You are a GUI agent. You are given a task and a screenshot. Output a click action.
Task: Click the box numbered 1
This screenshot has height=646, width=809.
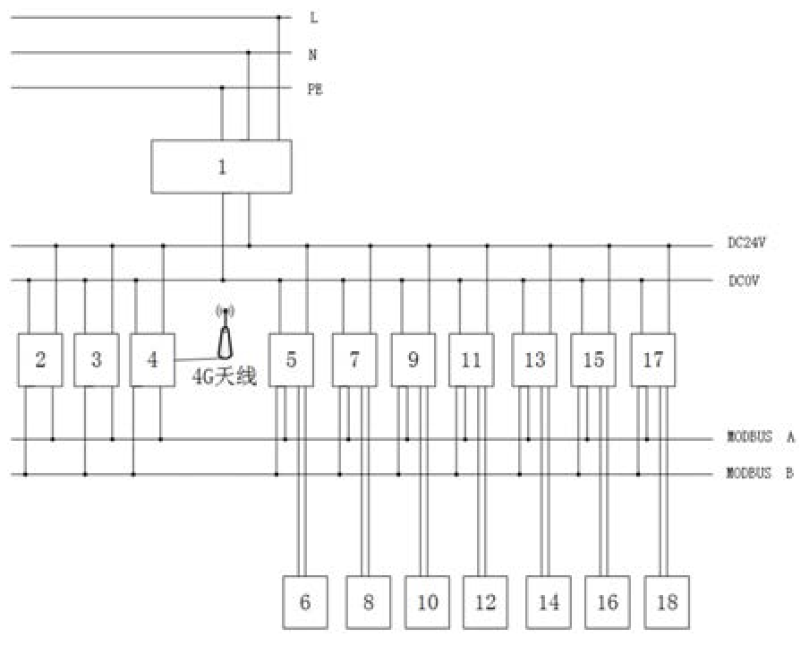222,167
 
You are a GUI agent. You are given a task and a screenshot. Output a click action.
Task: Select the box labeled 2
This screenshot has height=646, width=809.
40,360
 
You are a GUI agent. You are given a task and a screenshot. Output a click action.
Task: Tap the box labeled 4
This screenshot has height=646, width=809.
152,360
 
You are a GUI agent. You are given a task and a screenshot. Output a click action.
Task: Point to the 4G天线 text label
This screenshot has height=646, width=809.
225,377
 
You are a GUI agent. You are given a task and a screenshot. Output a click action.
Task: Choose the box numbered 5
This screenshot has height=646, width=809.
292,360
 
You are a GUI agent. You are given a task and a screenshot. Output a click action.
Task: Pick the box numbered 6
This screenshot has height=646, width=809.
305,601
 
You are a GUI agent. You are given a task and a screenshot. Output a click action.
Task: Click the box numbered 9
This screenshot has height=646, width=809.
413,360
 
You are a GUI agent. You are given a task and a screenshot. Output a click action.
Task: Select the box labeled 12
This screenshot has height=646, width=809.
485,601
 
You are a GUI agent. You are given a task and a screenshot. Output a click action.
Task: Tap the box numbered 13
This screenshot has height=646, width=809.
534,360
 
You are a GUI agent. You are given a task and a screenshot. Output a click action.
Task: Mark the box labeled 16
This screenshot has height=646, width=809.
607,601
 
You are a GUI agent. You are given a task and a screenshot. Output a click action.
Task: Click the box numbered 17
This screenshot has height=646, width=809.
653,360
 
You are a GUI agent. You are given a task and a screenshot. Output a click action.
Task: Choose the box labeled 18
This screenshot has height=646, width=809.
667,601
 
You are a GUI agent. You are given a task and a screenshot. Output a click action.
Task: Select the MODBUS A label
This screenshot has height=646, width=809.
760,438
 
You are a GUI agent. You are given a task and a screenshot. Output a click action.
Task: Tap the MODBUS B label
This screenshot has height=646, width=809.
760,473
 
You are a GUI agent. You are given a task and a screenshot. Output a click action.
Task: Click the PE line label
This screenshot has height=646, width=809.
315,89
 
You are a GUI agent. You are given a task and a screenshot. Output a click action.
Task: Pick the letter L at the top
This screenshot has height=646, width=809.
312,17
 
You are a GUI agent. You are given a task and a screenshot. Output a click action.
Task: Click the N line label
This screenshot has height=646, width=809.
312,54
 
